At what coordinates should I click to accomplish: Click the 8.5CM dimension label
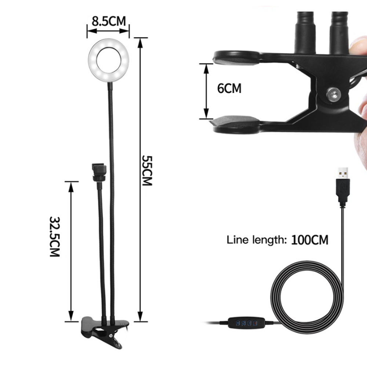(109, 21)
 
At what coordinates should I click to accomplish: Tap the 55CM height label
(148, 170)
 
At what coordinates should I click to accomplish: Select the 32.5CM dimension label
(55, 237)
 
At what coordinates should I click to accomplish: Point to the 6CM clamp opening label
(229, 88)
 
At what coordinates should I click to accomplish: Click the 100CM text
(310, 240)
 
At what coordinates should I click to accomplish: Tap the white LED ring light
(109, 60)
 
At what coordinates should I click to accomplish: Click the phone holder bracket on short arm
(99, 172)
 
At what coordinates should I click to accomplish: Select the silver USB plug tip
(343, 173)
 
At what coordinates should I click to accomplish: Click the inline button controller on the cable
(247, 323)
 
